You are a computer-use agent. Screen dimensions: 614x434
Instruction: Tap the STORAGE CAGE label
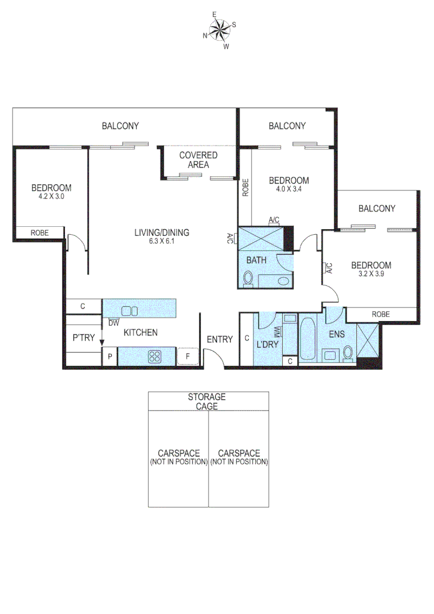coord(207,401)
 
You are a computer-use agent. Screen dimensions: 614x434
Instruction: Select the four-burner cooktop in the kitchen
coord(155,356)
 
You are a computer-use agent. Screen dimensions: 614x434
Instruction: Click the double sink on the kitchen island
coord(130,310)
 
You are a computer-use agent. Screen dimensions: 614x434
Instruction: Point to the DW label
coord(114,323)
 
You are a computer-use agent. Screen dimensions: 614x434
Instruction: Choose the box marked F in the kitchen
coord(187,356)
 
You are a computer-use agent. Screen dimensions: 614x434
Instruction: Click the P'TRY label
coord(83,337)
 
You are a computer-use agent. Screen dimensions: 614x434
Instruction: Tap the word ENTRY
coord(219,339)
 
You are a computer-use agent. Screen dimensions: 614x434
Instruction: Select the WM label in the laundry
coord(277,331)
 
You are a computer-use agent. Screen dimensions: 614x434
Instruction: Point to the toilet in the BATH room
coord(248,279)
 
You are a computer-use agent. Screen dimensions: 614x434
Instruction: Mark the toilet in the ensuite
coord(348,354)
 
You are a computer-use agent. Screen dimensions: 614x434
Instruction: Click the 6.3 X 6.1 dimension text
coord(161,241)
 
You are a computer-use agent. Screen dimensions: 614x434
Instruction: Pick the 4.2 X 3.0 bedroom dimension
coord(51,197)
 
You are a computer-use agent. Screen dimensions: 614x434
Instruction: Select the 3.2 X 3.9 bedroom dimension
coord(370,274)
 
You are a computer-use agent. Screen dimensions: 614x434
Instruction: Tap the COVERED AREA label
coord(198,160)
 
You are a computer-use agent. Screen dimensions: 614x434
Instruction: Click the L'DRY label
coord(266,345)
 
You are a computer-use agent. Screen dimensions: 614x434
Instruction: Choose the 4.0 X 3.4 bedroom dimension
coord(288,189)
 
